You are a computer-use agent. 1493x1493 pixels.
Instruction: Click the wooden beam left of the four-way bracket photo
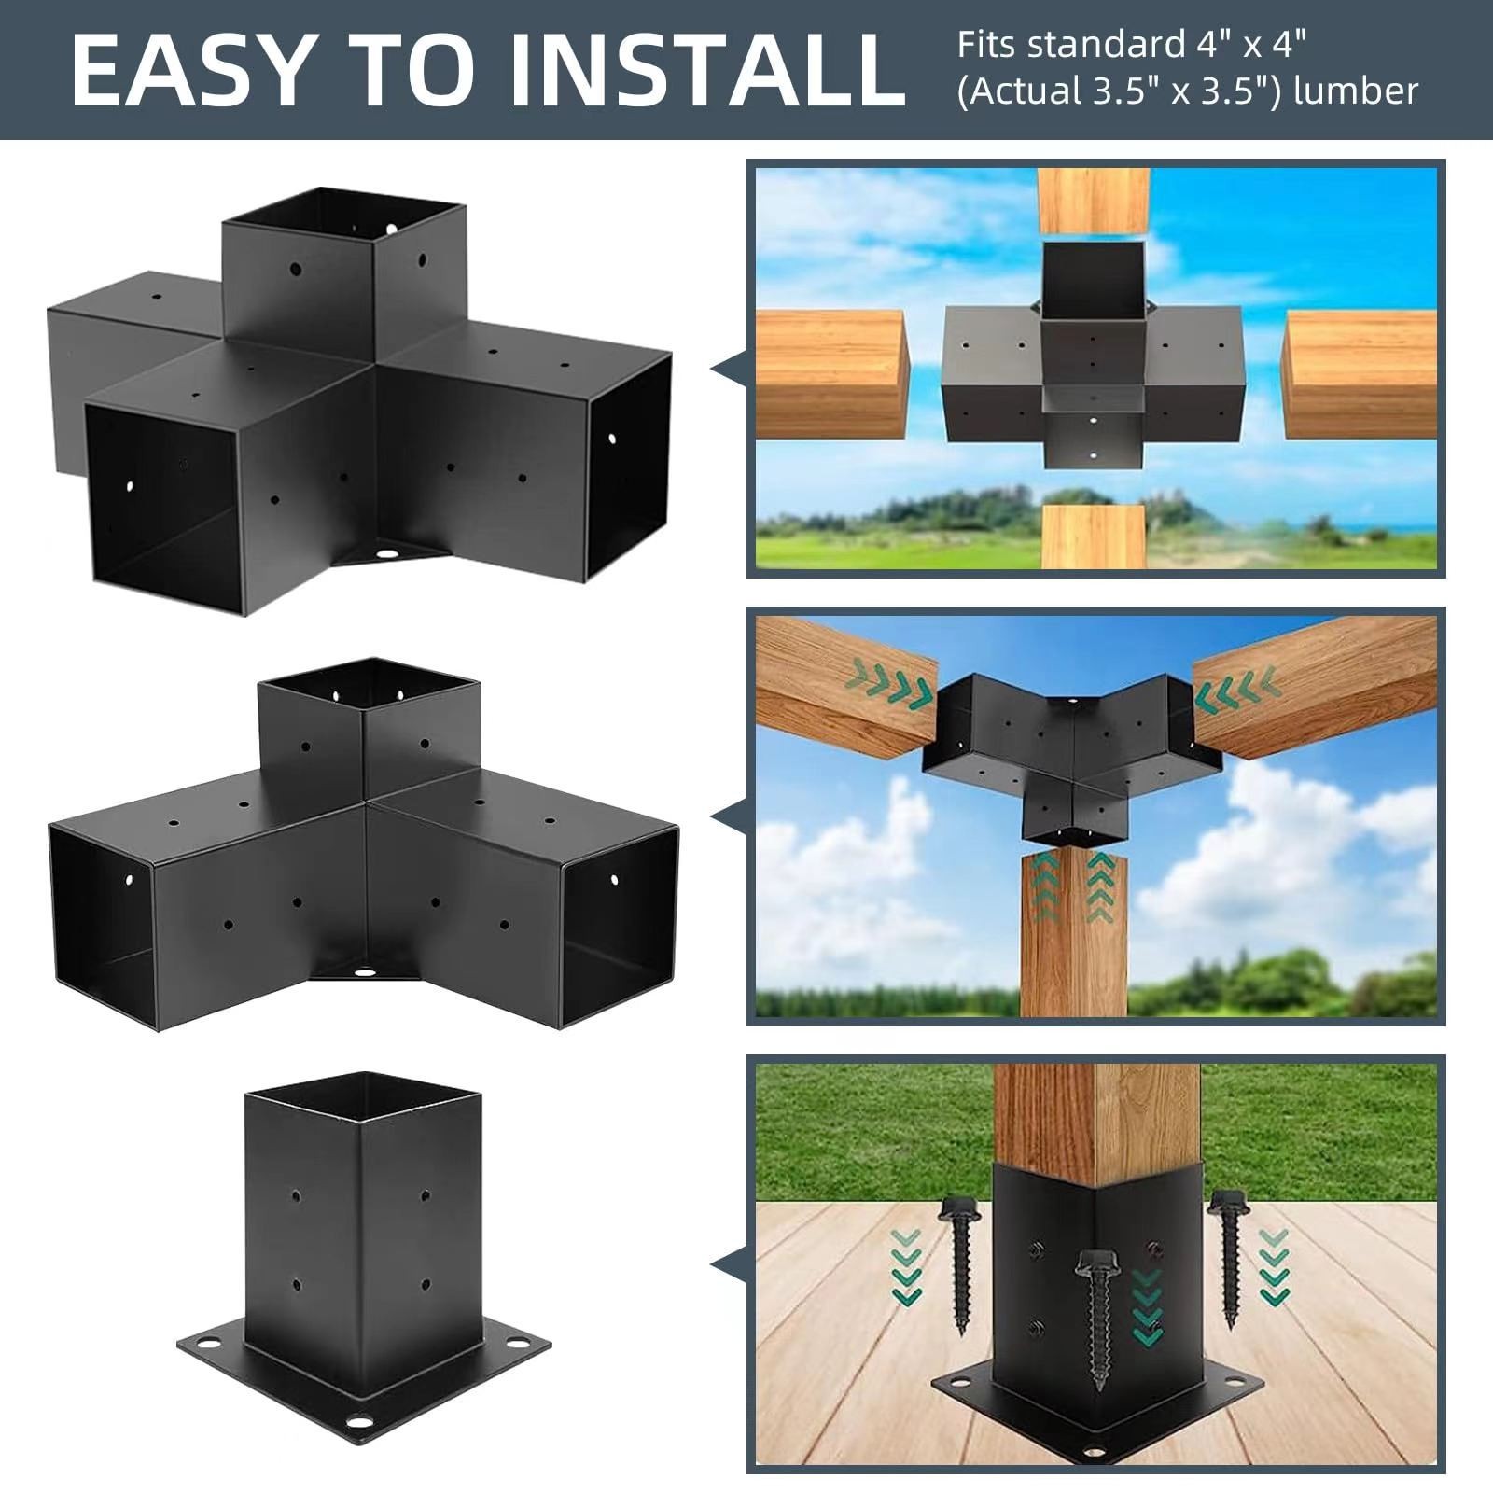[x=830, y=374]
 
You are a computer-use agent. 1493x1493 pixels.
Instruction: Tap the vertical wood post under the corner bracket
[x=1074, y=933]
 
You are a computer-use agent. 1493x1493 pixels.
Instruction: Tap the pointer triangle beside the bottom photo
[x=729, y=1264]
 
